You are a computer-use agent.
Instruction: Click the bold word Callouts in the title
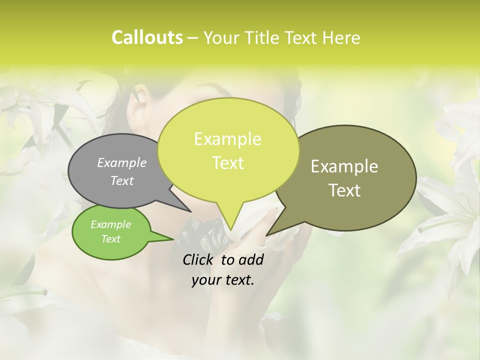click(x=147, y=37)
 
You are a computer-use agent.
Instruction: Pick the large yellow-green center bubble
click(x=227, y=150)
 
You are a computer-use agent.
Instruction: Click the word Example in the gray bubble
click(x=122, y=162)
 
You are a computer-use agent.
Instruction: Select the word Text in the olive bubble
click(x=345, y=190)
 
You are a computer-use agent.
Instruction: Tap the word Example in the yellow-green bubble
click(x=227, y=139)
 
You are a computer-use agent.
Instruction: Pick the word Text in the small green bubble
click(x=111, y=239)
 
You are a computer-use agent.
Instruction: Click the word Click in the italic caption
click(x=199, y=259)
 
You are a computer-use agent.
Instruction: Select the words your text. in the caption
click(x=223, y=280)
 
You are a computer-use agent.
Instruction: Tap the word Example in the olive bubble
click(x=344, y=166)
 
